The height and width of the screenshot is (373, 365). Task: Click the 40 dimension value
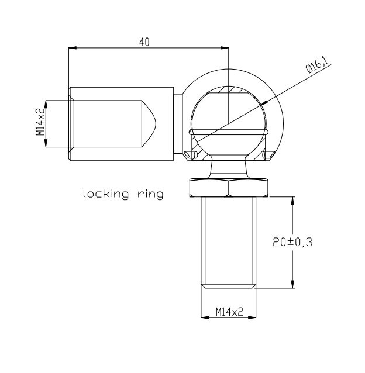[x=144, y=43]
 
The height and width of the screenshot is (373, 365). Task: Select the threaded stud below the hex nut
[x=229, y=240]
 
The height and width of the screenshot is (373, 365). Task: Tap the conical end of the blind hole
[x=150, y=123]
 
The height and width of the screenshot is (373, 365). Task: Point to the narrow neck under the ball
[x=229, y=168]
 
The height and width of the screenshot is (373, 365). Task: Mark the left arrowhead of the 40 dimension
[x=73, y=48]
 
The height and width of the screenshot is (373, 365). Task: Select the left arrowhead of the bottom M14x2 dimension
[x=204, y=317]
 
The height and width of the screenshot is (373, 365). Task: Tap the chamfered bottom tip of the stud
[x=229, y=286]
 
